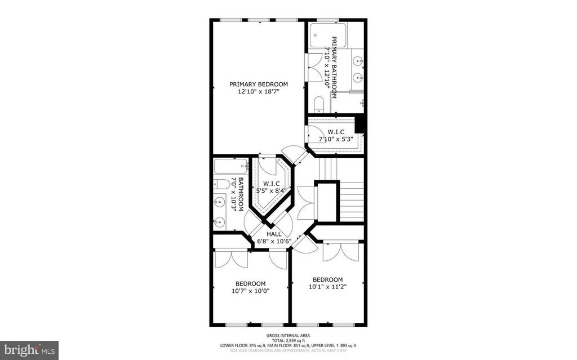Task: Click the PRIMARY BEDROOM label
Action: (x=259, y=85)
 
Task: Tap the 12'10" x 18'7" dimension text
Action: (x=259, y=91)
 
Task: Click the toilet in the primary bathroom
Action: (x=319, y=104)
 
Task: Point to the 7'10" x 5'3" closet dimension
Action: (x=336, y=139)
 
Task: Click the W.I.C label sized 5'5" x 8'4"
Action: (x=268, y=184)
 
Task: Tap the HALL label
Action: (x=274, y=234)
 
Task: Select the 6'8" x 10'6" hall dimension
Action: (x=274, y=241)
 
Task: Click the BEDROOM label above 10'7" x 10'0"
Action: (x=250, y=283)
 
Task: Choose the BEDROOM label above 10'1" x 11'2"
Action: (x=327, y=279)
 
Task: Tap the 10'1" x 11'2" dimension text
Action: (x=327, y=287)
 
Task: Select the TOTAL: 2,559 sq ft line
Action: (x=288, y=340)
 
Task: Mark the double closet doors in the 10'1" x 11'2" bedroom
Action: (x=341, y=251)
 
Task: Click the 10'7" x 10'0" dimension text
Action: (x=250, y=291)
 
